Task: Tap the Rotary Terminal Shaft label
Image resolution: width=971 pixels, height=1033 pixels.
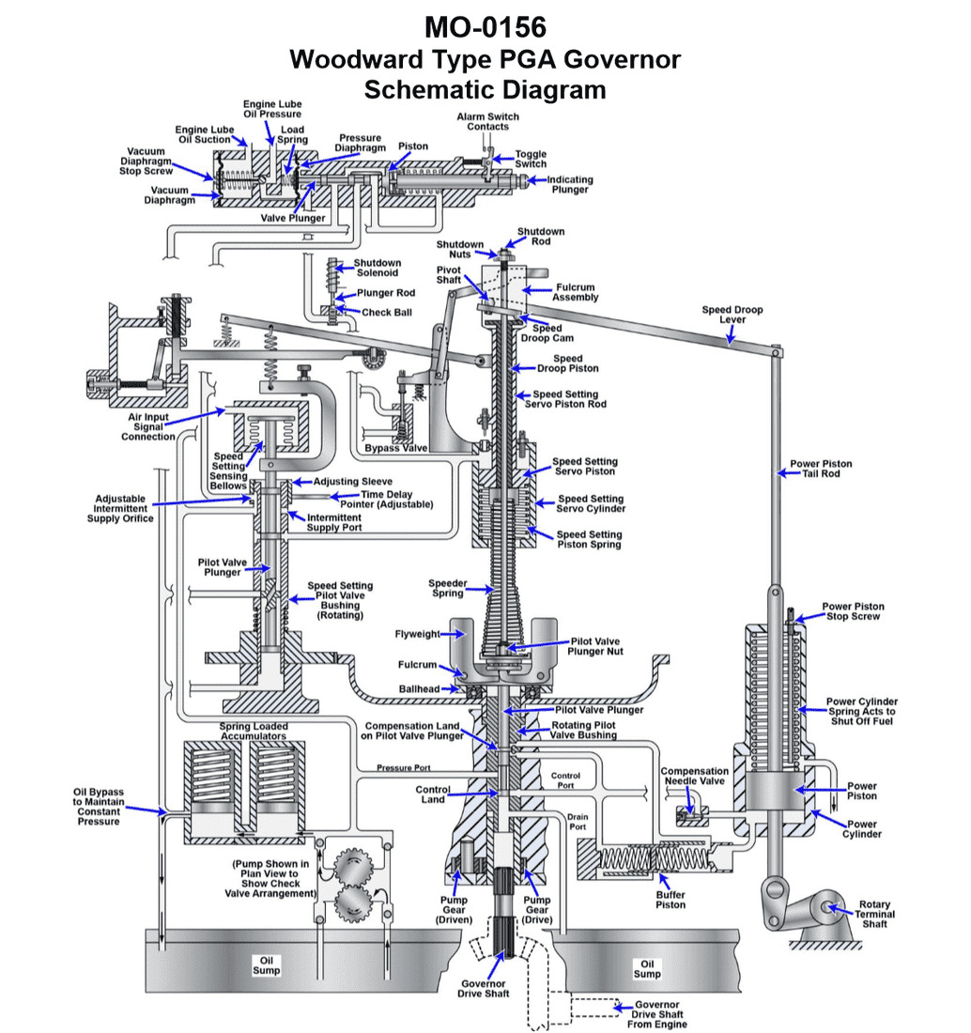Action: pos(874,914)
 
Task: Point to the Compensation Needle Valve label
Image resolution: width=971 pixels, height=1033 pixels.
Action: pos(695,777)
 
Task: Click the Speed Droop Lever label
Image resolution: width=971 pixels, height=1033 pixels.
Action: pos(732,315)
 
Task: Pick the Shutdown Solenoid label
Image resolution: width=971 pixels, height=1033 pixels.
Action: pos(377,268)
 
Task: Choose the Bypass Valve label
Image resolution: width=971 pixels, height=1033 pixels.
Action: pos(396,448)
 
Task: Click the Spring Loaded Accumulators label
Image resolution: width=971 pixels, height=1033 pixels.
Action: pos(254,732)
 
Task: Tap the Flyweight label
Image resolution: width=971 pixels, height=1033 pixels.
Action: pos(417,634)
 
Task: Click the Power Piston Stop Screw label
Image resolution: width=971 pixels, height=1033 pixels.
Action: pos(853,611)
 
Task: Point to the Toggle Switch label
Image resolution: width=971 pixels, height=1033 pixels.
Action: pos(531,159)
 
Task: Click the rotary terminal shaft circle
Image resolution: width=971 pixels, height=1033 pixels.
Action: pos(827,907)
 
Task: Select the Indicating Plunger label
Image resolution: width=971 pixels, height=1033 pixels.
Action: pos(569,184)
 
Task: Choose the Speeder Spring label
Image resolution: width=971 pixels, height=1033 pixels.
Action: pos(447,588)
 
